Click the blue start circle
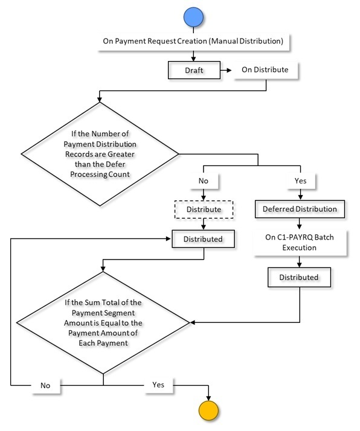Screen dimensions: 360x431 pos(193,17)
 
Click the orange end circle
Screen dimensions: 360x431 pos(208,410)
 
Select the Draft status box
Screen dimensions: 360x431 pos(194,70)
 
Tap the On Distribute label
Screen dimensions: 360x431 pos(265,70)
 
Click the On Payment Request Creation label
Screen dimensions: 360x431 pos(193,41)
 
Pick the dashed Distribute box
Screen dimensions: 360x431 pos(204,209)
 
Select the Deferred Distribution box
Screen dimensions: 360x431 pos(300,209)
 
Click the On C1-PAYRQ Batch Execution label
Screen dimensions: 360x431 pos(300,243)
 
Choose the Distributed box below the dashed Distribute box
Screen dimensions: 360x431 pos(203,239)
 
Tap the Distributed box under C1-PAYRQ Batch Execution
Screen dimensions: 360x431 pos(299,277)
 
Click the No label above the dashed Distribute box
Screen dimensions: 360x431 pos(204,181)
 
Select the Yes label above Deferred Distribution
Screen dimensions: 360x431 pos(300,181)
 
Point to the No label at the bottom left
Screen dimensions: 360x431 pos(45,386)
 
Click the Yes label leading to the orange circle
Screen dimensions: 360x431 pos(158,385)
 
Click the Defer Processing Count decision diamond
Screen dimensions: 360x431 pos(100,154)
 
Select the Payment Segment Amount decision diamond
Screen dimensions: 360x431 pos(103,323)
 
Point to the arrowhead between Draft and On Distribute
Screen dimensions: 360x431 pos(229,70)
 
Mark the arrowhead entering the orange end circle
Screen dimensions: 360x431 pos(208,398)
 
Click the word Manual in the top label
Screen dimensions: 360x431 pos(225,41)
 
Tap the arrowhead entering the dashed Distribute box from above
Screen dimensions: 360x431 pos(204,198)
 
